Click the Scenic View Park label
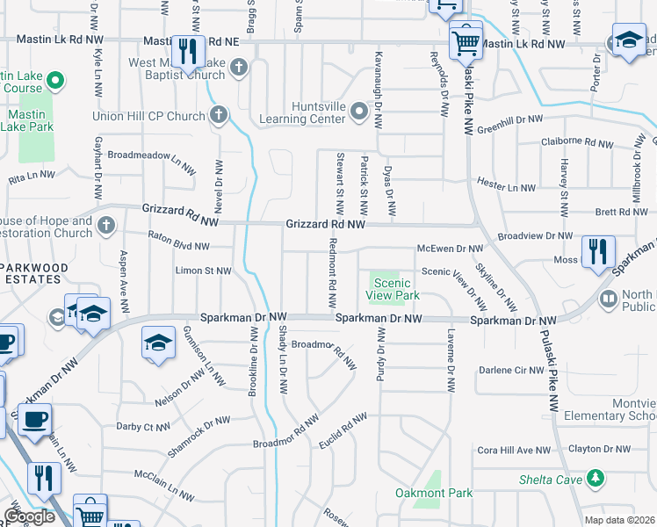(392, 289)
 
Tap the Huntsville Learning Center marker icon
(358, 112)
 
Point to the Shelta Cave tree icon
(596, 478)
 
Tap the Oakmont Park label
(434, 493)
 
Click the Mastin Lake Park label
(31, 120)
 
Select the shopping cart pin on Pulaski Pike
(466, 41)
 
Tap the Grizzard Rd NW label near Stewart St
(325, 225)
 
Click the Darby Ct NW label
(142, 427)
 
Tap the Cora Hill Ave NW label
(513, 450)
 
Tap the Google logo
(29, 516)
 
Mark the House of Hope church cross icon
(106, 226)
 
